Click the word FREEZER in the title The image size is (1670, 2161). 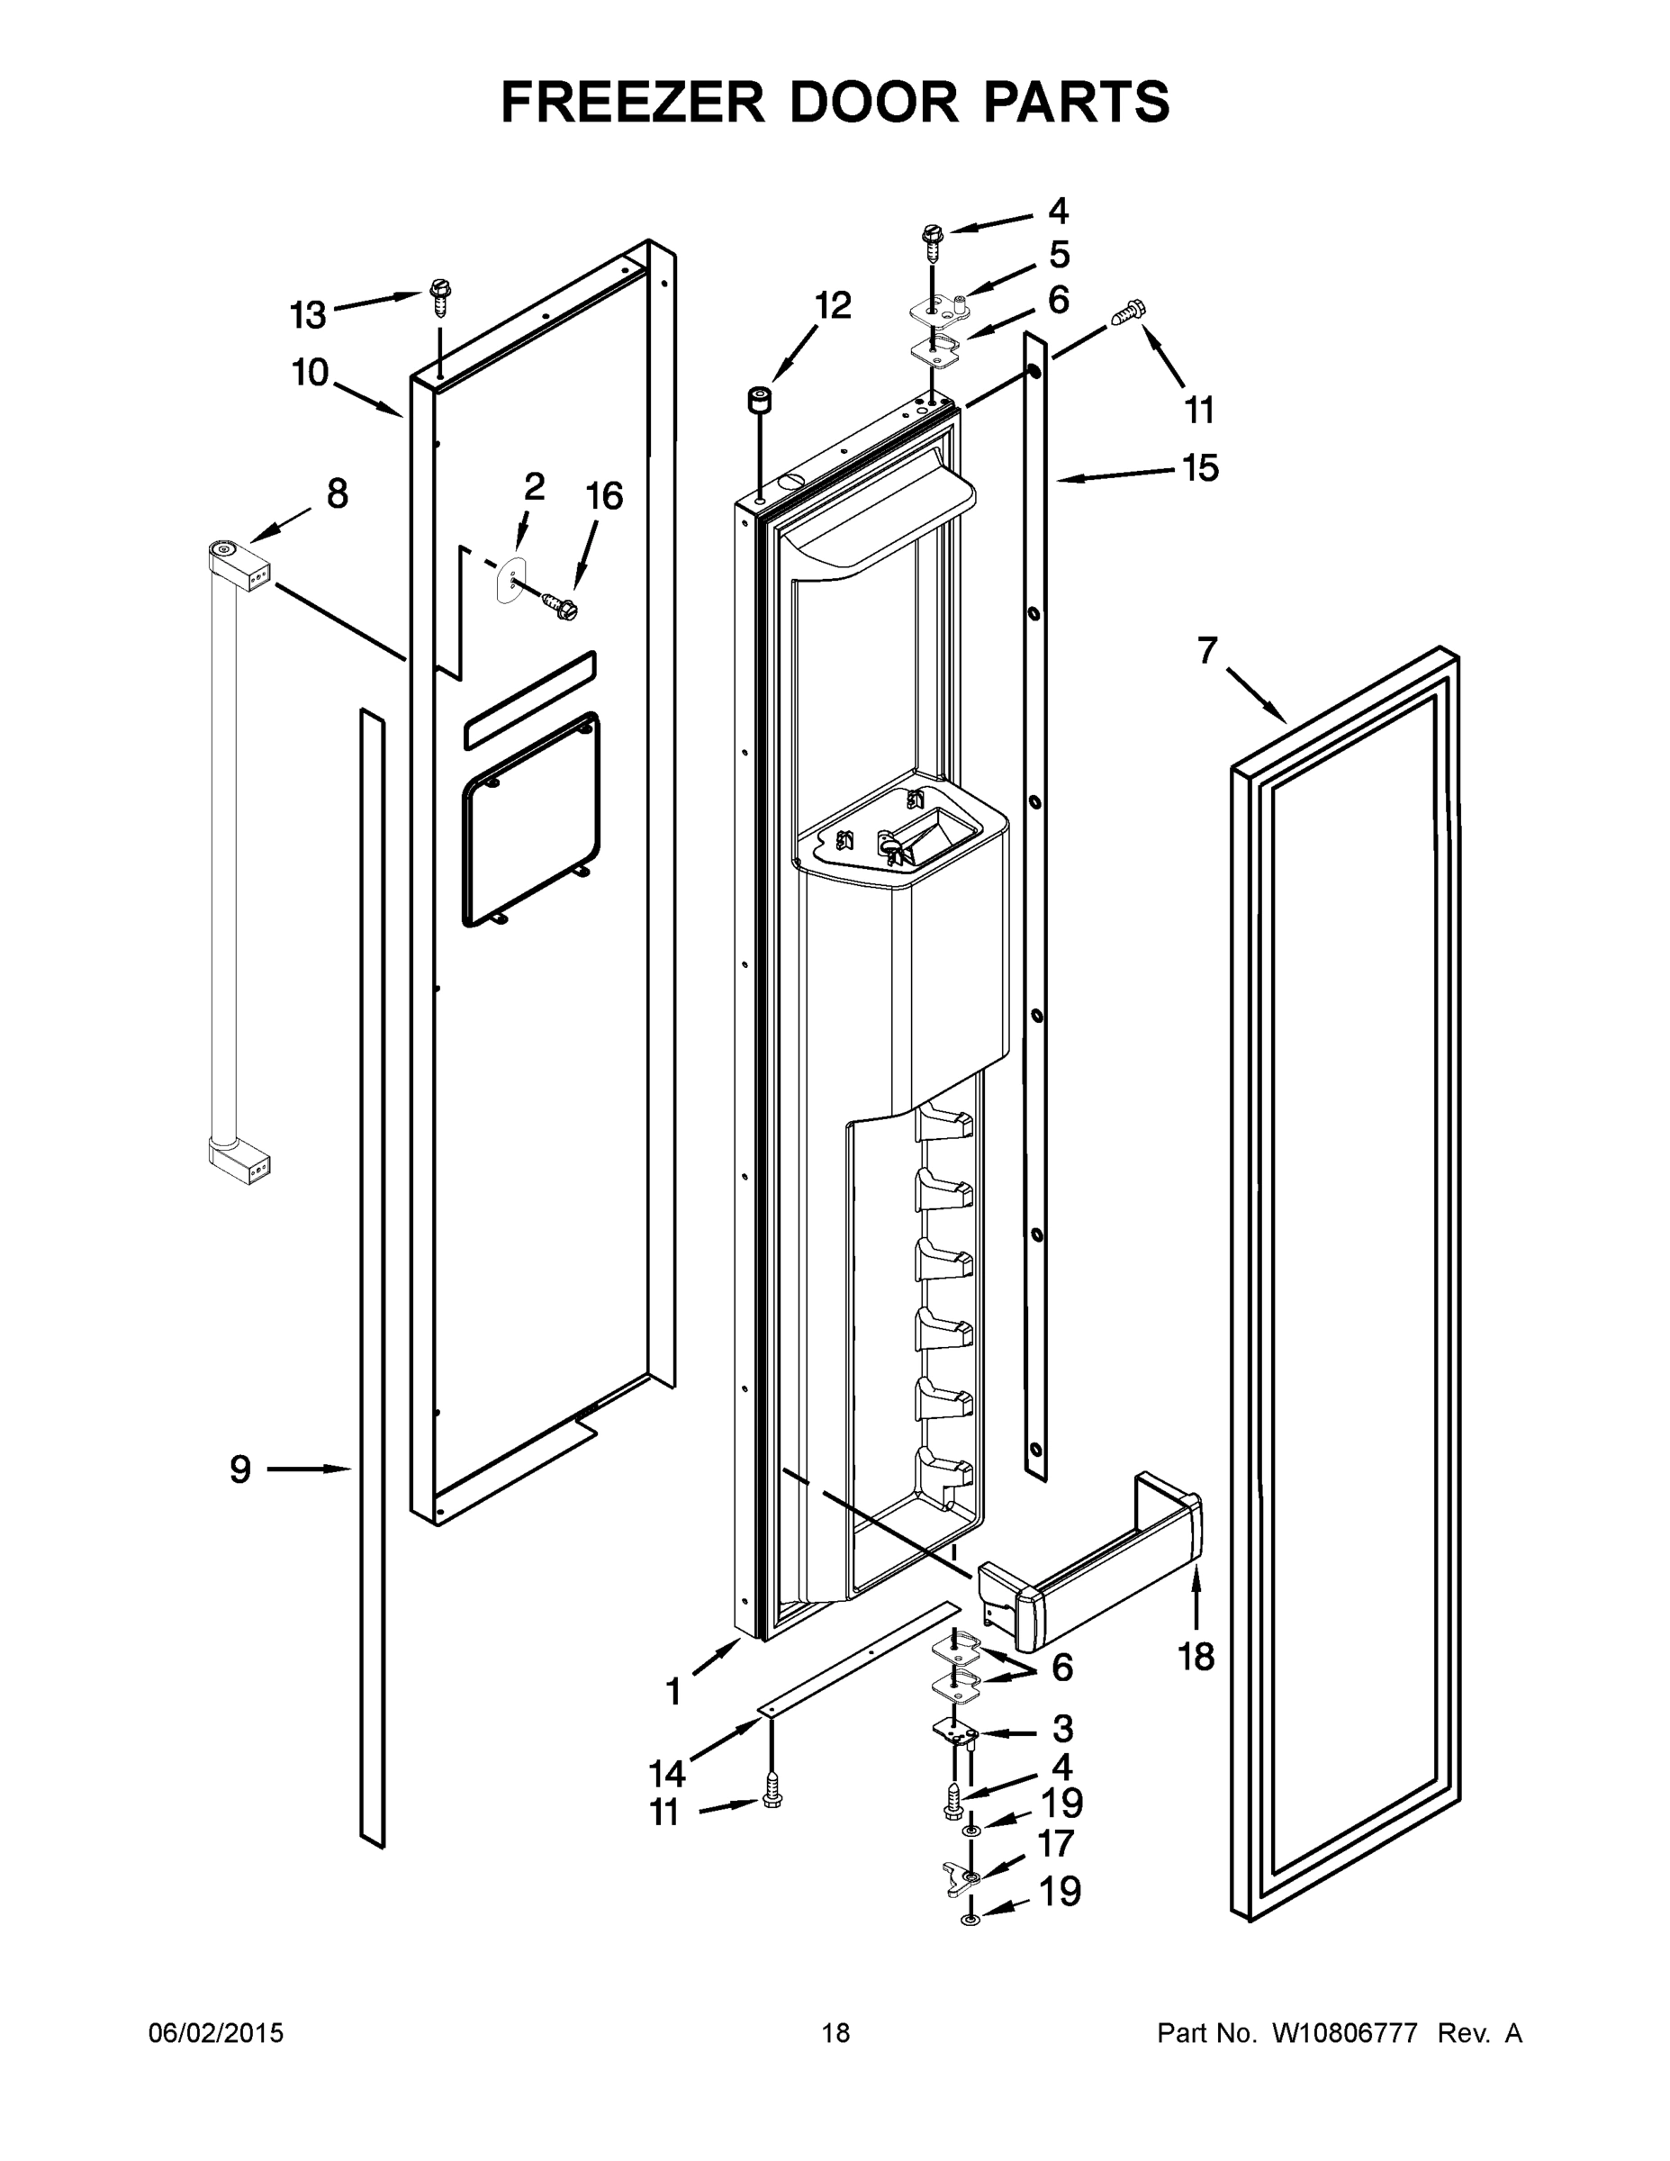click(633, 102)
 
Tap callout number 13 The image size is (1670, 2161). click(308, 316)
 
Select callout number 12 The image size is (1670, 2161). click(832, 306)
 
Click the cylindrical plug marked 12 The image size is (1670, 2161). click(759, 402)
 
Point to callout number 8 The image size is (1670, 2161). click(338, 493)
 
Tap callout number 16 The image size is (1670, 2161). click(604, 496)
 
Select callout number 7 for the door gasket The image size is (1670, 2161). click(1206, 650)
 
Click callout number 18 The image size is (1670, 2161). click(1196, 1657)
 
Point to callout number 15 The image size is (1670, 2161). click(1201, 468)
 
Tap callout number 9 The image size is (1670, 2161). click(240, 1469)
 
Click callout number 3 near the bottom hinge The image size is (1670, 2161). click(1061, 1729)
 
